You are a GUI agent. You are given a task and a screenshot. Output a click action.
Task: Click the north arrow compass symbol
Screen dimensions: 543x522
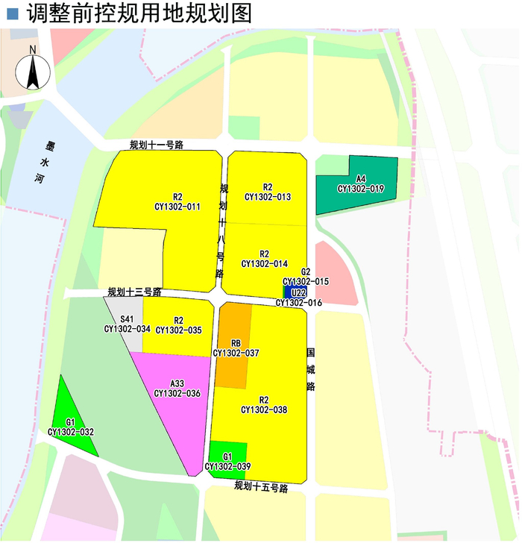[x=34, y=69]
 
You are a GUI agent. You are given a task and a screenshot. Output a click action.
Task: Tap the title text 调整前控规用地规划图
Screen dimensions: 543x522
[x=139, y=13]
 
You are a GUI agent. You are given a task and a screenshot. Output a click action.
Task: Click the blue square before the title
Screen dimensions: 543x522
[x=11, y=14]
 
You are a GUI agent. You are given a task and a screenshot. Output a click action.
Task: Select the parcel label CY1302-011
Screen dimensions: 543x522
[x=177, y=207]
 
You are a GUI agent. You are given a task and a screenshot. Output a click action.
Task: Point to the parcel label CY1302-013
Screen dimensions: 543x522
[x=267, y=197]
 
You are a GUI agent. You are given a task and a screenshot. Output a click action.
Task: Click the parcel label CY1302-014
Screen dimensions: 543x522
[x=265, y=263]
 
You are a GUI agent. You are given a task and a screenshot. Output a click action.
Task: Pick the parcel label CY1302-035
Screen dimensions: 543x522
[x=178, y=330]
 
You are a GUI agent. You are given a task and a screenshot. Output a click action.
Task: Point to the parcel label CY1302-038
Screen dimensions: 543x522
[x=264, y=409]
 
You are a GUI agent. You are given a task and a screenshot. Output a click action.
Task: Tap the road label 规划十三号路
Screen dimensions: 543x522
[x=134, y=292]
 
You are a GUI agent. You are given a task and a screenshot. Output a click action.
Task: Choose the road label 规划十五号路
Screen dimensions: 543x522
[x=261, y=487]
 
